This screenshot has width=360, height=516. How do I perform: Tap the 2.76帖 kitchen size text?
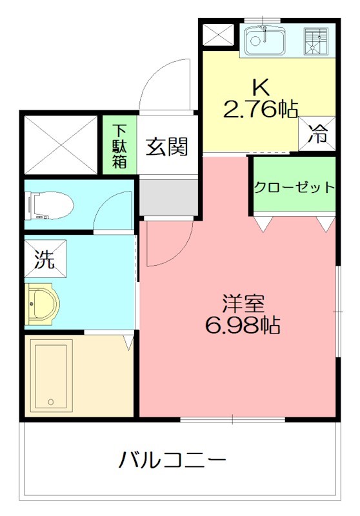(259, 110)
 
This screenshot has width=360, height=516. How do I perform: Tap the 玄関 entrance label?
(166, 147)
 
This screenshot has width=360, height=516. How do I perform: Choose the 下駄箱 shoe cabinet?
(120, 144)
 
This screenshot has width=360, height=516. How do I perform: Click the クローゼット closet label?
(294, 188)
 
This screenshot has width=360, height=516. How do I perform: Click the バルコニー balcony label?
(173, 461)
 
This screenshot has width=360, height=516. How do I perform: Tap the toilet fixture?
(48, 206)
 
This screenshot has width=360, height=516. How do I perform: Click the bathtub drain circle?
(50, 401)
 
